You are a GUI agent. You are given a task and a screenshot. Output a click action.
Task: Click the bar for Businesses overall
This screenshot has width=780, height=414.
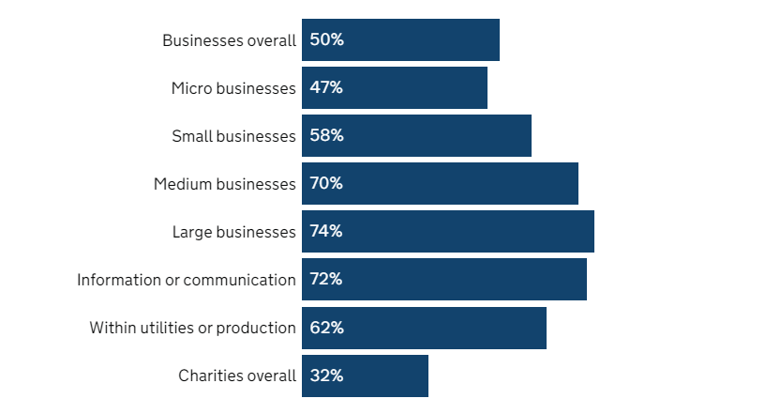coord(400,40)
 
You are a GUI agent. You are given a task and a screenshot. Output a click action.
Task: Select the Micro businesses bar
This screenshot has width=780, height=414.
coord(395,88)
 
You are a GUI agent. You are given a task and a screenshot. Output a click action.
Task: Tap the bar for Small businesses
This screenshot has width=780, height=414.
coord(416,136)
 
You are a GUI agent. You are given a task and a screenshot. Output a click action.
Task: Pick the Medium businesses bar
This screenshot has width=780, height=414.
coord(440,184)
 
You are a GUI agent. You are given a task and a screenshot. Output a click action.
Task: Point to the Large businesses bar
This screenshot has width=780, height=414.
coord(448,232)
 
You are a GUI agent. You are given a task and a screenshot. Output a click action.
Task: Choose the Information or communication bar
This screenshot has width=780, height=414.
coord(444,280)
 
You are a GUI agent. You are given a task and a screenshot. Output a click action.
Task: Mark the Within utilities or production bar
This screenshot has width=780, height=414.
coord(424,328)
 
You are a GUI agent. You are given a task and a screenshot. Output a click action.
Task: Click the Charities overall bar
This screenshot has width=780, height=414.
coord(365,376)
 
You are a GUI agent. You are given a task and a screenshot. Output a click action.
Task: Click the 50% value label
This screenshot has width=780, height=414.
coord(326,40)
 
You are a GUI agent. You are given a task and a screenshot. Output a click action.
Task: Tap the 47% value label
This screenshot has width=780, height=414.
coord(326,88)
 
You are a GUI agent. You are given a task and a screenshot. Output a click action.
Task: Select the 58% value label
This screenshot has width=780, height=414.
coord(326,136)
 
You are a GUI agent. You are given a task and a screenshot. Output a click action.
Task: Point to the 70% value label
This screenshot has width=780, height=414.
coord(326,184)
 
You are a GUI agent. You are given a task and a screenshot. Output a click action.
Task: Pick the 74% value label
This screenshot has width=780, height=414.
coord(326,232)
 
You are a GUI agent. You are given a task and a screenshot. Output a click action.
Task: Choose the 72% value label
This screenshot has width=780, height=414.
coord(326,280)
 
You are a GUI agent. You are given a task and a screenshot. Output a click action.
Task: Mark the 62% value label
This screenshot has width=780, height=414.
coord(326,328)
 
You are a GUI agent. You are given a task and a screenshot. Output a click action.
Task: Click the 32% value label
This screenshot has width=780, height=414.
coord(326,376)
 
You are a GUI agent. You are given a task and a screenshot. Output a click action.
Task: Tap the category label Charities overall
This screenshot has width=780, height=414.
coord(237,376)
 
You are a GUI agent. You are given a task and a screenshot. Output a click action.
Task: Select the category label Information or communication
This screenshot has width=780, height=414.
coord(187,280)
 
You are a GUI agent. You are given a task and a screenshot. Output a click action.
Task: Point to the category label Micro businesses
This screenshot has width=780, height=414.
coord(233,88)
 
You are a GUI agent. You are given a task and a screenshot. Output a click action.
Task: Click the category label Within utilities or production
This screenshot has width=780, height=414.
coord(192,328)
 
